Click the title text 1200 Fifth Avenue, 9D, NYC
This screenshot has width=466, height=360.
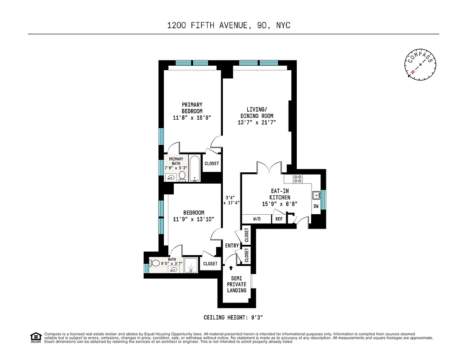click(229, 25)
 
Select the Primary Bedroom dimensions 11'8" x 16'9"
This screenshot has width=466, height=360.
click(192, 118)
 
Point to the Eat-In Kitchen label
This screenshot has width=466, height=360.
click(280, 198)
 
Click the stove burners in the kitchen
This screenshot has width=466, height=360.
click(298, 178)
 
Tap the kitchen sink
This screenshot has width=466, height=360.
click(316, 195)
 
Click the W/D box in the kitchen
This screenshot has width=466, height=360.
click(257, 219)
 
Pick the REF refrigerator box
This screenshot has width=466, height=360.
click(279, 219)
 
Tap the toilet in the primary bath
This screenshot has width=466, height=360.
click(182, 175)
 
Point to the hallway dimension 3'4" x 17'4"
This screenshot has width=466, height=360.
click(232, 200)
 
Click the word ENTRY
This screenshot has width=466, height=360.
click(232, 246)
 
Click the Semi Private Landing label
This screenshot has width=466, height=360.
click(236, 284)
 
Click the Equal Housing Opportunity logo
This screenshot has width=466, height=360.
click(35, 337)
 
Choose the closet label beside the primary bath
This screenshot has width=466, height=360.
click(212, 164)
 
